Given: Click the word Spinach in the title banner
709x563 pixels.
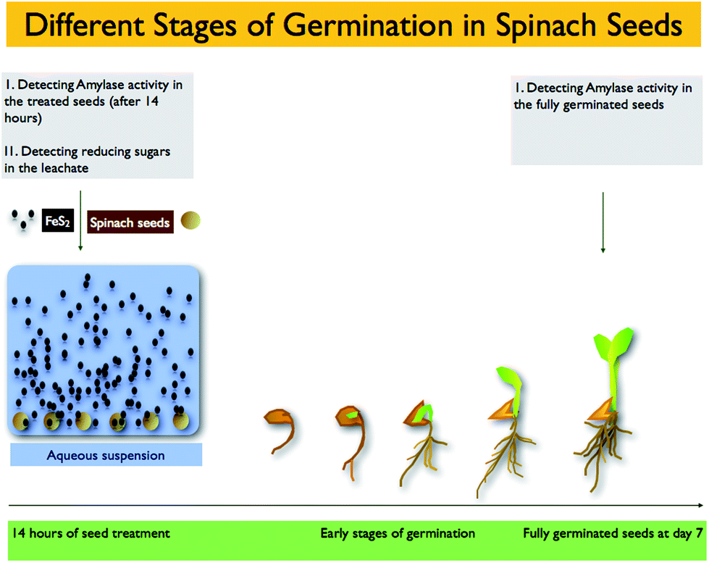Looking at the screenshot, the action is coord(546,26).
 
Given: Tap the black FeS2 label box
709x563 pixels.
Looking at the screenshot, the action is coord(58,220).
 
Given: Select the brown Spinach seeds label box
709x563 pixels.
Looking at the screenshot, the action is coord(130,222).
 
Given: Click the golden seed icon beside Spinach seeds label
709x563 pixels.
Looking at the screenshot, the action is coord(190,220).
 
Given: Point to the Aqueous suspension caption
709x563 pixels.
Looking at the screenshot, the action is coord(106,455).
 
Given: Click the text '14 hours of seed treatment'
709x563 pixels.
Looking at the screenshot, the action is coord(91,533).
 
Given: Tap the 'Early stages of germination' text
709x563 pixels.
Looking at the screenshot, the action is coord(398,533).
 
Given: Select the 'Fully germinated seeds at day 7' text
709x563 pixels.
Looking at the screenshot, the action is coord(613,533).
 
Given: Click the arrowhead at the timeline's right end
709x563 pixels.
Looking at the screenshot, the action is coord(701,505).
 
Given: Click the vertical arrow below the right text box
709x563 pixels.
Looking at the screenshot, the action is coord(603,222).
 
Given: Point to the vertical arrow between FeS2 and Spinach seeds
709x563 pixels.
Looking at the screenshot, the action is coord(80,220).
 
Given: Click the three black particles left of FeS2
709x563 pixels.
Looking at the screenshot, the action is coord(22,219).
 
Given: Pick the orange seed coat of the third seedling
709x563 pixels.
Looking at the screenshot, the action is coord(415,415).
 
